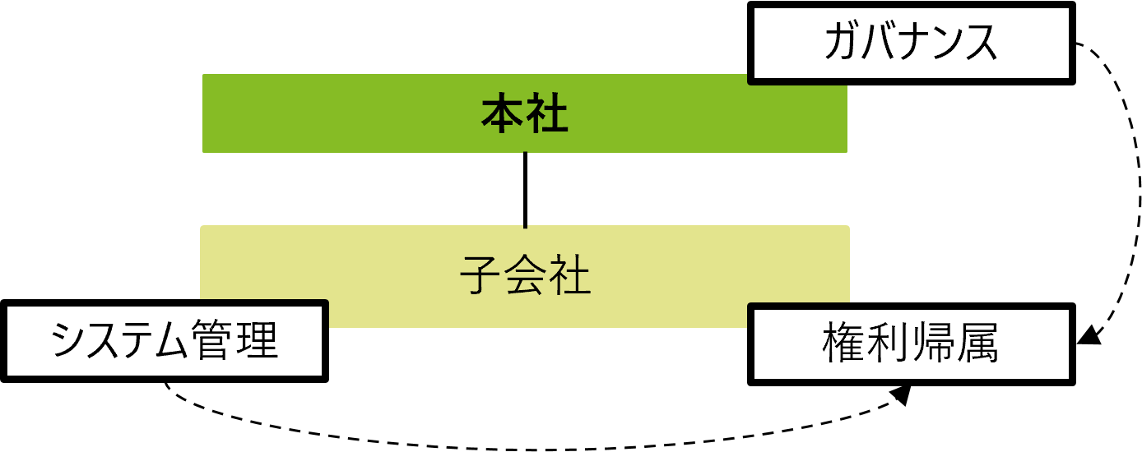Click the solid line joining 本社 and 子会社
click(525, 189)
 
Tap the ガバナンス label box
click(911, 43)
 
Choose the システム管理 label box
click(165, 341)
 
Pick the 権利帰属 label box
click(911, 344)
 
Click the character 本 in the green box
click(503, 114)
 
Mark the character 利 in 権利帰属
click(888, 344)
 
